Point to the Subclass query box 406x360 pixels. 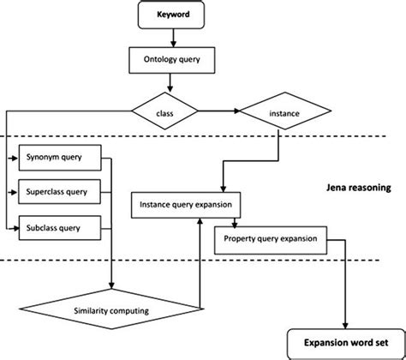pos(60,226)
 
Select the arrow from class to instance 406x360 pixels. pos(219,111)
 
